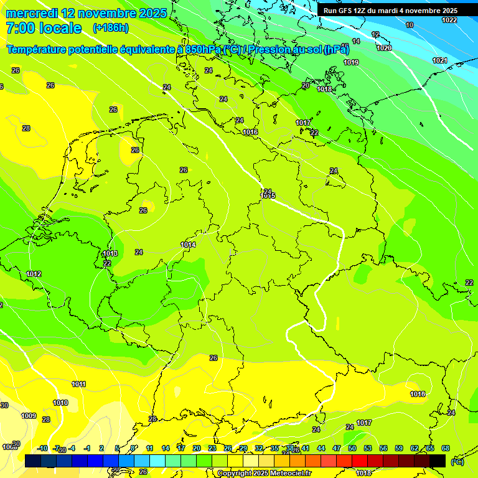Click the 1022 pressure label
tap(449, 20)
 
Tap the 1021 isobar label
tap(440, 60)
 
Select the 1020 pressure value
tap(384, 48)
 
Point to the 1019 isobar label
tap(351, 62)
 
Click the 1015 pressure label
tap(268, 196)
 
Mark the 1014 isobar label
tap(188, 245)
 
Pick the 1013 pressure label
tap(111, 253)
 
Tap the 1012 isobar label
tap(34, 274)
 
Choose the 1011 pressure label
tap(78, 384)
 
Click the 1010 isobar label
tap(60, 403)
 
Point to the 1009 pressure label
tap(29, 416)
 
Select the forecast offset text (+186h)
tap(110, 28)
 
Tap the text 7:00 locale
tap(44, 28)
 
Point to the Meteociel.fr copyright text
tap(265, 473)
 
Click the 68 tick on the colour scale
tap(446, 448)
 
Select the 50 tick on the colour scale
tap(352, 448)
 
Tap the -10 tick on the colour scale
tap(42, 448)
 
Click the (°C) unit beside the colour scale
tap(457, 462)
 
